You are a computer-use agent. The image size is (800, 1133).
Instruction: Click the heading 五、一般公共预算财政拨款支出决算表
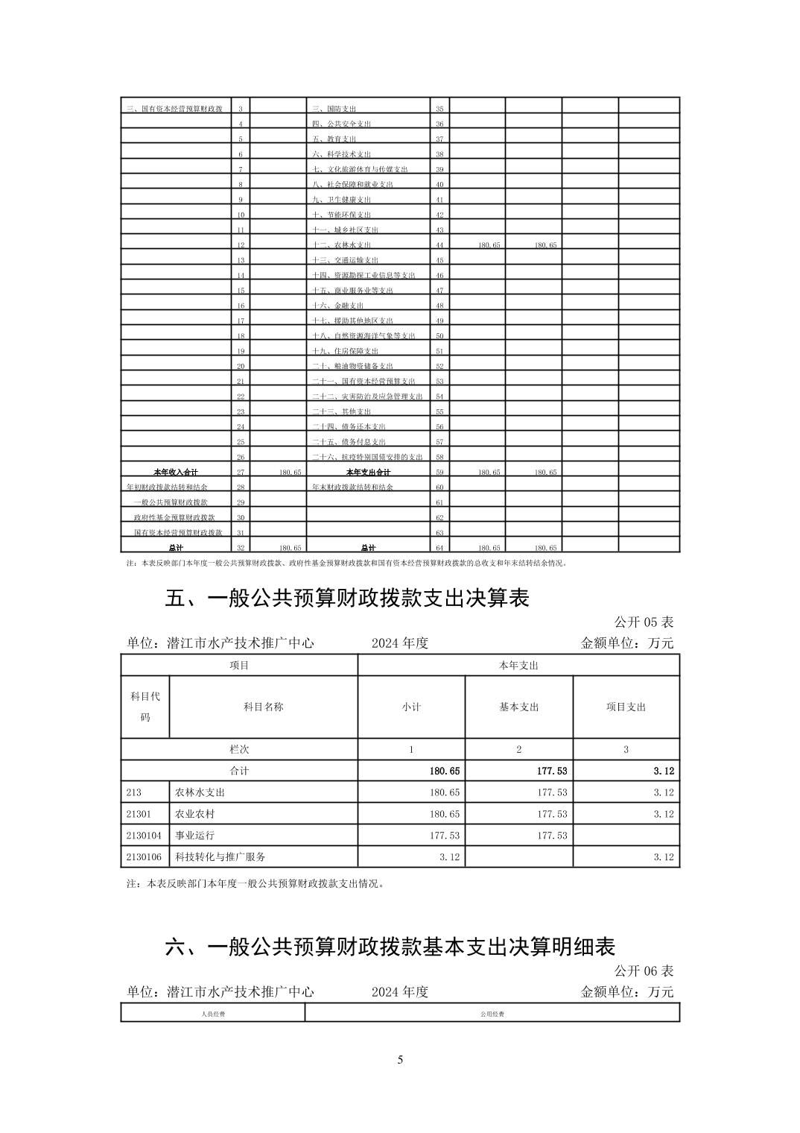pyautogui.click(x=346, y=598)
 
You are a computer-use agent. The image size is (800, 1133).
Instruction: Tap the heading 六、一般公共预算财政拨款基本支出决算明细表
pyautogui.click(x=390, y=947)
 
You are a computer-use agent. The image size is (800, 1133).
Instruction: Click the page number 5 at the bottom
pyautogui.click(x=400, y=1060)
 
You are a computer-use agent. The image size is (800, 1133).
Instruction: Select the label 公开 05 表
pyautogui.click(x=644, y=622)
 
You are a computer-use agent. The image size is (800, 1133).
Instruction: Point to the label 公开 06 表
pyautogui.click(x=644, y=971)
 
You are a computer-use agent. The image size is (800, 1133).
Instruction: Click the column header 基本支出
pyautogui.click(x=518, y=707)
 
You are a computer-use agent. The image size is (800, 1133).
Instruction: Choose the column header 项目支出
pyautogui.click(x=626, y=707)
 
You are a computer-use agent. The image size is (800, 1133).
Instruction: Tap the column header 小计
pyautogui.click(x=411, y=707)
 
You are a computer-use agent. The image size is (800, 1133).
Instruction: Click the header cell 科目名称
pyautogui.click(x=263, y=707)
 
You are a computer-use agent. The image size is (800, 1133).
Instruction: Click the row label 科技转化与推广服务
pyautogui.click(x=220, y=857)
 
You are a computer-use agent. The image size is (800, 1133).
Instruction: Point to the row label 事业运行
pyautogui.click(x=194, y=836)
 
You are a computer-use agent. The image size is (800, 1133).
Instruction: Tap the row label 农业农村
pyautogui.click(x=194, y=814)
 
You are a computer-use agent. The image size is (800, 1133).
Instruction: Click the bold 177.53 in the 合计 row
pyautogui.click(x=552, y=771)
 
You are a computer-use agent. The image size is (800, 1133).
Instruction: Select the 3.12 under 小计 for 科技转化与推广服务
pyautogui.click(x=448, y=857)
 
